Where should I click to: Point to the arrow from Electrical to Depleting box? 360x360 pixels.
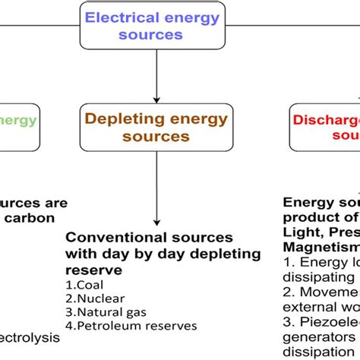coord(156,76)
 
